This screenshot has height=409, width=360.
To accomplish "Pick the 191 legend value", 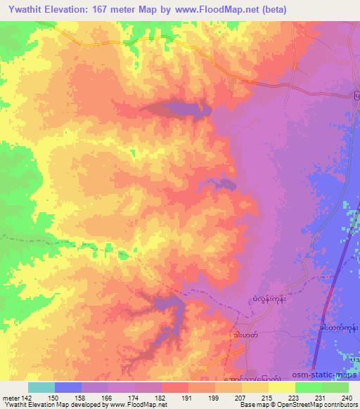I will click(186, 397).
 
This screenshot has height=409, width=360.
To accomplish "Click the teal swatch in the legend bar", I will click(41, 387).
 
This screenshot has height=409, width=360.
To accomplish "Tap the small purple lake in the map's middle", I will click(224, 185).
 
